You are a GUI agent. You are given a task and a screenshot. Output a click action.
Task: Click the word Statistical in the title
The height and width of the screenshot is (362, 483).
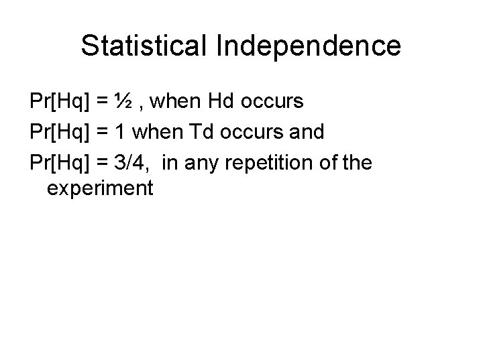pyautogui.click(x=145, y=46)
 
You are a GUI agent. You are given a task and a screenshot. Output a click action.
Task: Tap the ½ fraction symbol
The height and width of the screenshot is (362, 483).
pyautogui.click(x=122, y=102)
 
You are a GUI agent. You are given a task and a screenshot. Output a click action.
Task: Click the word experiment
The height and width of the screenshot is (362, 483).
pyautogui.click(x=101, y=189)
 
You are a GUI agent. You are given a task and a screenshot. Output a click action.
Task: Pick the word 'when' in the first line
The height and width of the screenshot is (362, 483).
pyautogui.click(x=173, y=102)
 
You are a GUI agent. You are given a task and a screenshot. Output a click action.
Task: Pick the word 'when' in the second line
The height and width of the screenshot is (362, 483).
pyautogui.click(x=153, y=131)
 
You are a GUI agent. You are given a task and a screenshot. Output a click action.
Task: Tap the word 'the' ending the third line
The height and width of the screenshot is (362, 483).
pyautogui.click(x=355, y=161)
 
